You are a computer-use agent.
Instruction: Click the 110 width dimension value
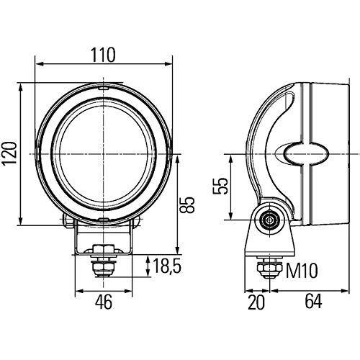click(x=104, y=53)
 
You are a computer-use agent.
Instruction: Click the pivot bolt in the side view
click(x=271, y=220)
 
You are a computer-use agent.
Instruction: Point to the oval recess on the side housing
click(x=305, y=153)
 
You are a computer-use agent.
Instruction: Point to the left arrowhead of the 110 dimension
click(x=37, y=65)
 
